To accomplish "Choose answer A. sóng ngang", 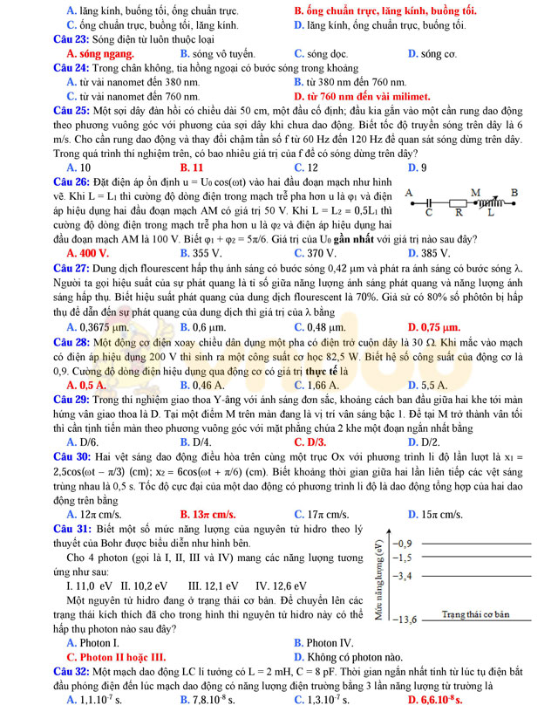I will click(94, 53).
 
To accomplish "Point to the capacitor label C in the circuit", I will click(428, 211).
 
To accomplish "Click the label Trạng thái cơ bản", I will click(475, 615).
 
